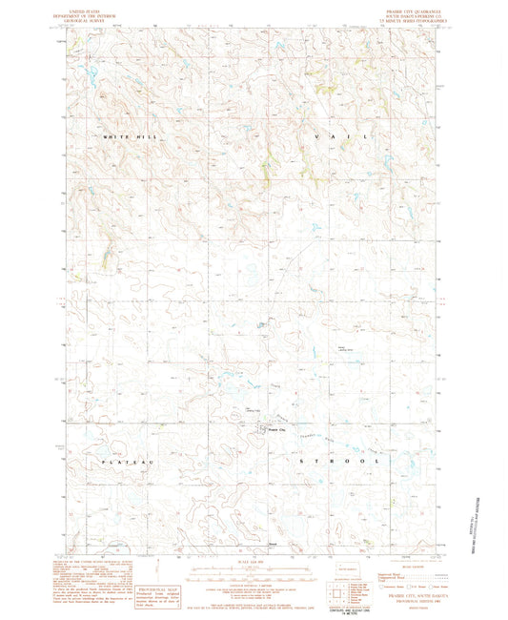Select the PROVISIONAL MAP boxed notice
[156, 582]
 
